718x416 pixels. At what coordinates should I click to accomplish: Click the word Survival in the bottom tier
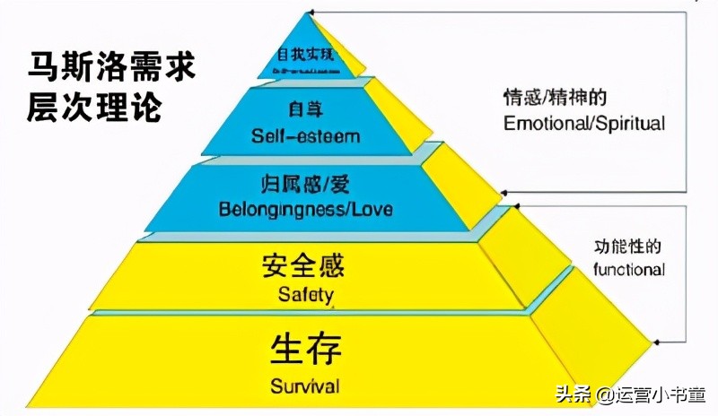(304, 387)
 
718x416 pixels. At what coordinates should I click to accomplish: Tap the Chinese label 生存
(305, 350)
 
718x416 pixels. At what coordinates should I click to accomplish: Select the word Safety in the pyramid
(305, 294)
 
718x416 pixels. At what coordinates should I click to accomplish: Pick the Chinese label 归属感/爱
(305, 187)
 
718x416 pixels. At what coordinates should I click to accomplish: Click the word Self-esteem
(305, 137)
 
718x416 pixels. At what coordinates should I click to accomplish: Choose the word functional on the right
(629, 269)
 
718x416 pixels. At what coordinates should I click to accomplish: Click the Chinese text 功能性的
(629, 247)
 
